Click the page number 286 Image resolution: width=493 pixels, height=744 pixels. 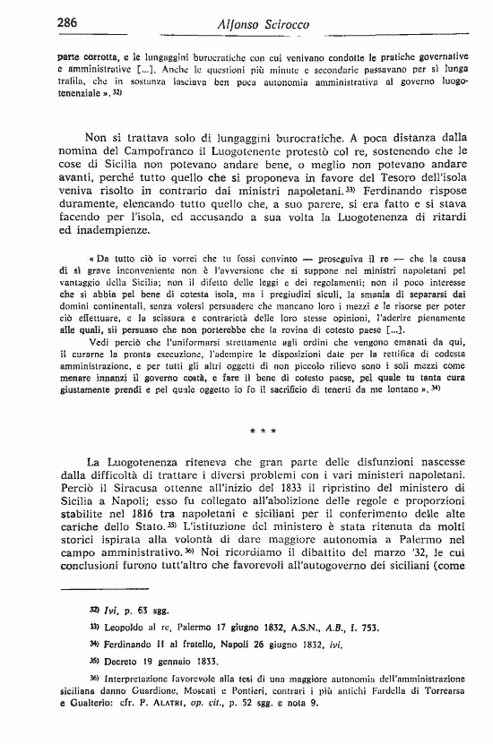point(70,22)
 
